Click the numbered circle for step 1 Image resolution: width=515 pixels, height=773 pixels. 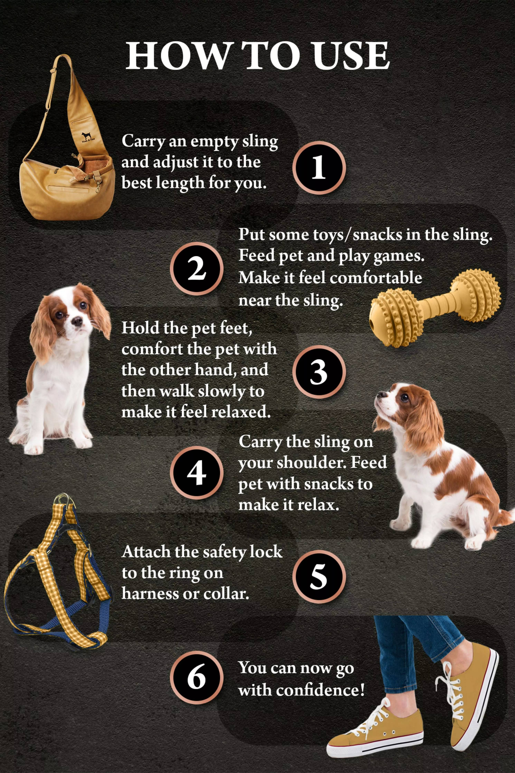click(319, 167)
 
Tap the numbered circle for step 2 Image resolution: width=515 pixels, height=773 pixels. click(196, 268)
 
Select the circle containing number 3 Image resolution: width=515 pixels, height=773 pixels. click(319, 372)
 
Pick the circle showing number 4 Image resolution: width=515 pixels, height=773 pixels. click(196, 472)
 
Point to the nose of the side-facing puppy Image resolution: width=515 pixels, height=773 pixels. click(378, 395)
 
